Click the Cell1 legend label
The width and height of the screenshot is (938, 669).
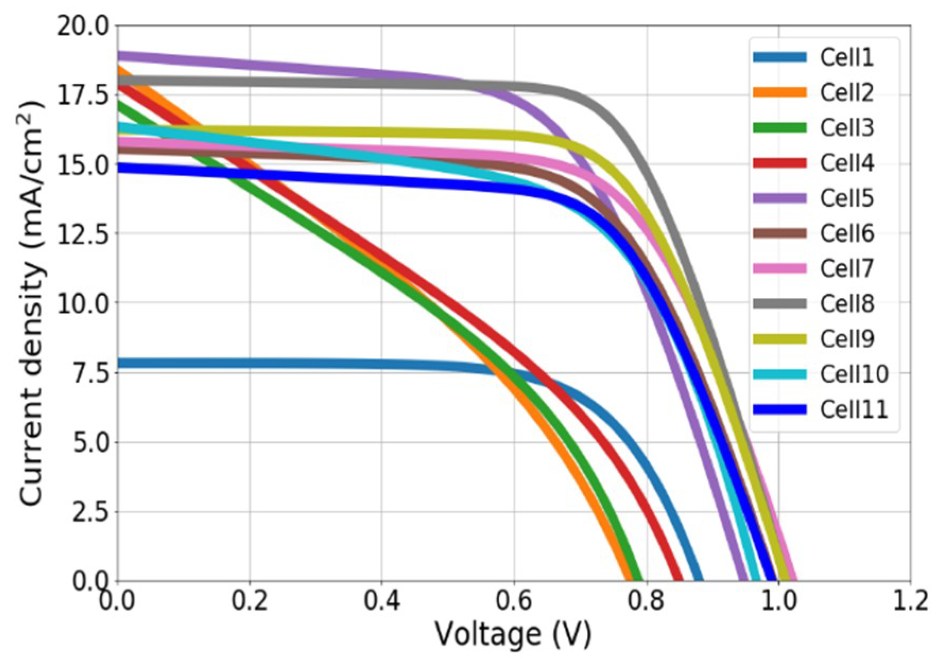[x=846, y=57]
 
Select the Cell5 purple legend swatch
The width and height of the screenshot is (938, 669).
[x=779, y=198]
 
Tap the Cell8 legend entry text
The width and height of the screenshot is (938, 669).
[x=846, y=304]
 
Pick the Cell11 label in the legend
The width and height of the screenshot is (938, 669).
[x=853, y=409]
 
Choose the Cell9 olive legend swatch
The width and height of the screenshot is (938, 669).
[x=779, y=339]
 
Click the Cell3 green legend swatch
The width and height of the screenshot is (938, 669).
[x=779, y=128]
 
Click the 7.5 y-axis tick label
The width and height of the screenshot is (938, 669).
[x=90, y=373]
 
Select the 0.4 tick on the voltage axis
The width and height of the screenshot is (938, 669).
[x=381, y=601]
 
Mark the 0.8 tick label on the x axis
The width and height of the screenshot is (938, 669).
[x=646, y=601]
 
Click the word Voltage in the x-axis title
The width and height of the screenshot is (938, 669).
[x=487, y=634]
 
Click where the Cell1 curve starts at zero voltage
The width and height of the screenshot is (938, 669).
[x=119, y=363]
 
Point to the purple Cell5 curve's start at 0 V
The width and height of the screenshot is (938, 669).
[x=119, y=56]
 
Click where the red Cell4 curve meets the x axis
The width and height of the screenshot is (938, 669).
[x=678, y=579]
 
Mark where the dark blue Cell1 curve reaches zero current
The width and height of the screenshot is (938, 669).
[x=699, y=579]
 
